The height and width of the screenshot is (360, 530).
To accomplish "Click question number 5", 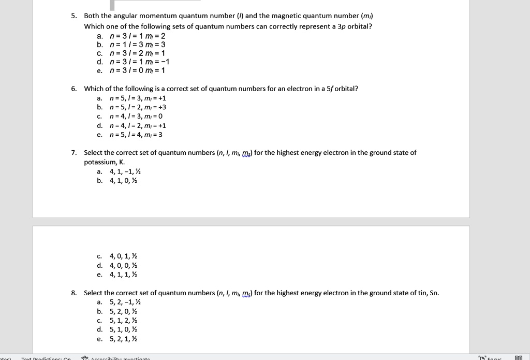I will click(x=74, y=16).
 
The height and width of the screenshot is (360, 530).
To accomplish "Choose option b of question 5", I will click(x=137, y=44).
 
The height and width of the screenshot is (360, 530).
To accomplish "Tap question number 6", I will click(x=74, y=89).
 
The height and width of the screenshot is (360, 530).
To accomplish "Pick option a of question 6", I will click(x=138, y=98).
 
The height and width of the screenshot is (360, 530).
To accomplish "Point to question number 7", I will click(x=74, y=153).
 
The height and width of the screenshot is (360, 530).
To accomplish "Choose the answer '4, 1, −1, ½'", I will click(x=124, y=171).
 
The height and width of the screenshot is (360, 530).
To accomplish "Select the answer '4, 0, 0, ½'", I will click(x=123, y=265).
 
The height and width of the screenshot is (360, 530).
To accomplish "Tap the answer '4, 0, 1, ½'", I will click(x=123, y=256).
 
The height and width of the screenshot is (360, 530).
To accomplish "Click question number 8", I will click(x=74, y=293).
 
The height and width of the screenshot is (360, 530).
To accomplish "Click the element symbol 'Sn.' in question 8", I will click(x=434, y=293).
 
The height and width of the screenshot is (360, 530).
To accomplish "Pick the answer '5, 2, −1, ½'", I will click(x=125, y=303).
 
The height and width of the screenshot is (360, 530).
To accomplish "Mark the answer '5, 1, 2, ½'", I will click(x=123, y=321).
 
